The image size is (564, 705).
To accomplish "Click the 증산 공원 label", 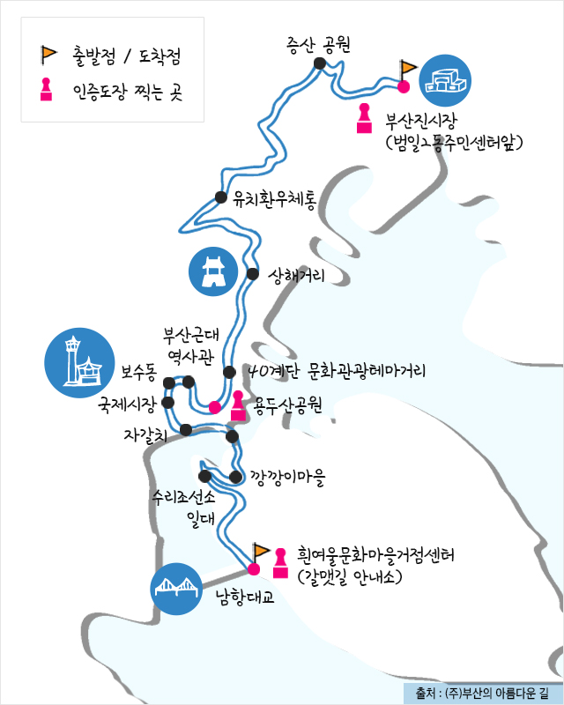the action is (319, 46).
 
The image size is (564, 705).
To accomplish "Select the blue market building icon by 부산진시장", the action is (445, 79).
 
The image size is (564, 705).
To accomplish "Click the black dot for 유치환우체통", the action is (221, 197).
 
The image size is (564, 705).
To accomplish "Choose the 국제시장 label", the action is (127, 404).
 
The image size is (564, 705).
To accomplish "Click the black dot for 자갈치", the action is (186, 429).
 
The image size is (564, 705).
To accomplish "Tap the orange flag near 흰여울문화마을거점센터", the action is (261, 553).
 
